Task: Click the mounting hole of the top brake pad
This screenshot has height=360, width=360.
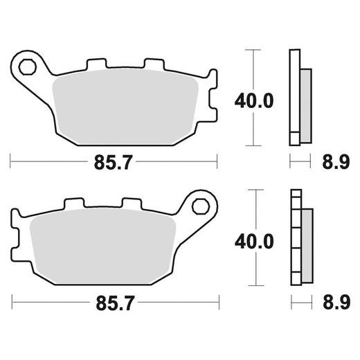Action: (29, 67)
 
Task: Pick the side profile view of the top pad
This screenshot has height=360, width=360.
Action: (299, 97)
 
